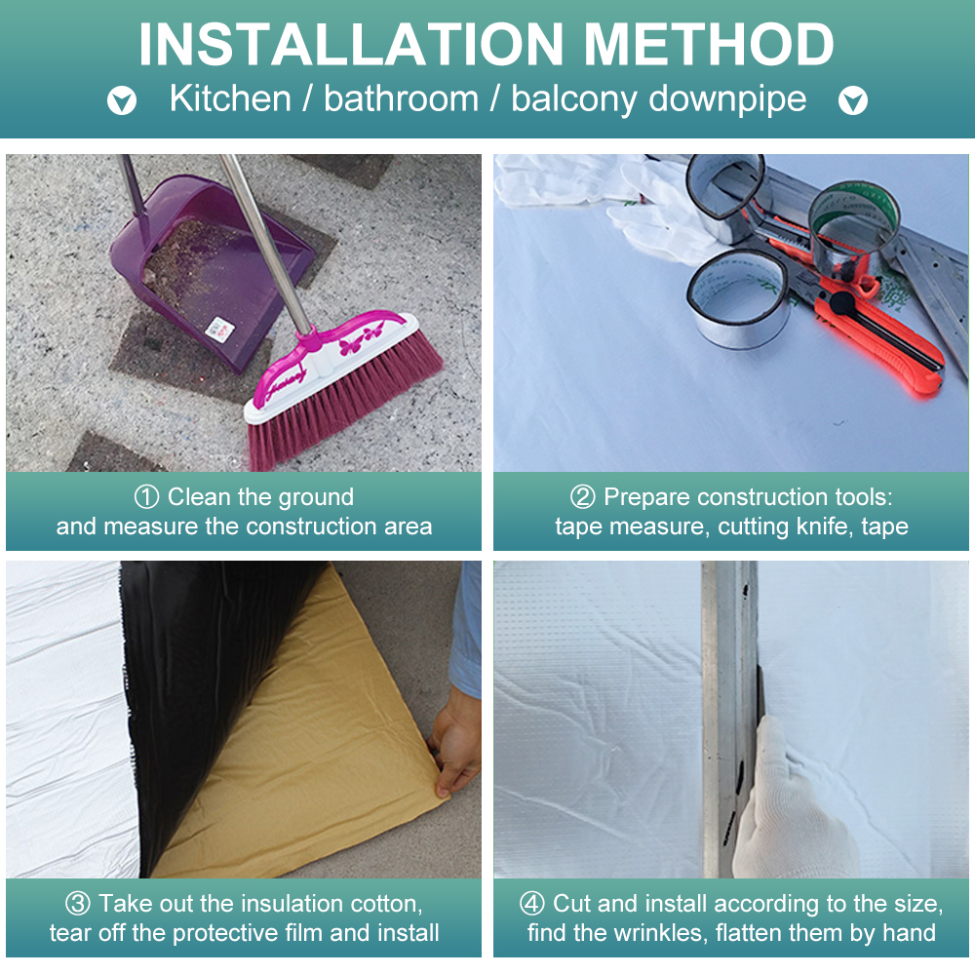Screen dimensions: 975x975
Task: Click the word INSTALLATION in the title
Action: [351, 44]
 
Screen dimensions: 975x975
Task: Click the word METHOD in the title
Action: [709, 44]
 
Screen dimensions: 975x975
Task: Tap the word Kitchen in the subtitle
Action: [230, 98]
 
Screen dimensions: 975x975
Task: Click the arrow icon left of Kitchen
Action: [122, 100]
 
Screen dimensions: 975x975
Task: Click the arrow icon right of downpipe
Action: [853, 100]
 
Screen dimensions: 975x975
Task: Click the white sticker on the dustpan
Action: [219, 329]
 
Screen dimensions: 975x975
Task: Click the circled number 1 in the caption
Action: [147, 497]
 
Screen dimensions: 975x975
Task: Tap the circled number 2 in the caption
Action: [583, 497]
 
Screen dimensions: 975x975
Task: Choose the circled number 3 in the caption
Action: [78, 904]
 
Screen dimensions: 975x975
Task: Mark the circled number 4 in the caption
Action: [532, 904]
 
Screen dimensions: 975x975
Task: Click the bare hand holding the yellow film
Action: [455, 743]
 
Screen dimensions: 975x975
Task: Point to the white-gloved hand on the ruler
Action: [790, 802]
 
